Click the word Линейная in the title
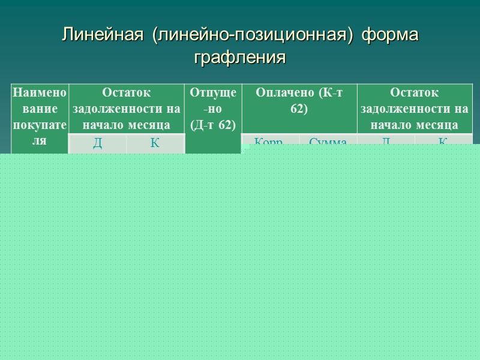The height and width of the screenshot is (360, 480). tap(103, 35)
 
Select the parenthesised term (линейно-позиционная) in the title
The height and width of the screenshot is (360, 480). tap(248, 35)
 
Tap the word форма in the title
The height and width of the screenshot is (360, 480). tap(390, 35)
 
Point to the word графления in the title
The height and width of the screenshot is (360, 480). tap(239, 58)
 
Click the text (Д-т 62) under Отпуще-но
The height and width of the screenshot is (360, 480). tap(213, 124)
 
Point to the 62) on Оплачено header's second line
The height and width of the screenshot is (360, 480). tap(299, 109)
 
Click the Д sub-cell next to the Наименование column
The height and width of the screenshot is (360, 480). tap(97, 143)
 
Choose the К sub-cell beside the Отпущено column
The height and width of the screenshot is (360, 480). tap(155, 143)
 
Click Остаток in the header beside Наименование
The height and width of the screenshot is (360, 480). tap(127, 93)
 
